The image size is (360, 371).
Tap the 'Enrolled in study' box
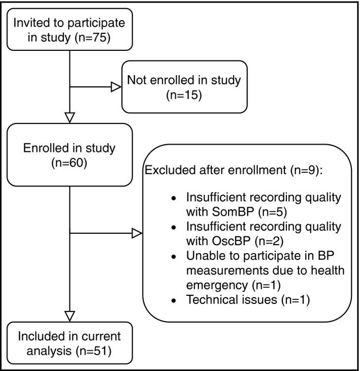pos(70,156)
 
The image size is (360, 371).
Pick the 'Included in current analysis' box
pos(70,343)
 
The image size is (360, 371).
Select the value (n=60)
pos(70,163)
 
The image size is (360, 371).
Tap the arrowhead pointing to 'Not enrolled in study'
pos(116,87)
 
